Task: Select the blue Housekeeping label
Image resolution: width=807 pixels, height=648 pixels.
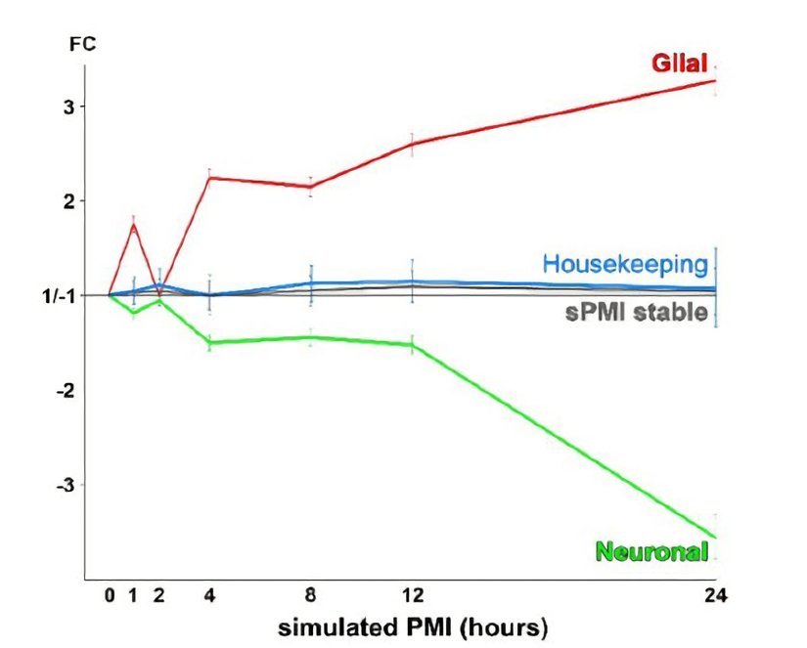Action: tap(624, 264)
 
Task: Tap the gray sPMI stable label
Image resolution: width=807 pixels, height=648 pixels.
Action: tap(636, 313)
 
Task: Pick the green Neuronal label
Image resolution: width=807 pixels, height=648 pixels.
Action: tap(650, 552)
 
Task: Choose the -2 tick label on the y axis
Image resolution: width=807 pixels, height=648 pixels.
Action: tap(62, 390)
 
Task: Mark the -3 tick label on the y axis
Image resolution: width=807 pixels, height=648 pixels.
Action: tap(62, 485)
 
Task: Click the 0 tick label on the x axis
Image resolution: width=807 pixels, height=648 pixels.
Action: tap(110, 593)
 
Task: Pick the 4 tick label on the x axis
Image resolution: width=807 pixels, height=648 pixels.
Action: tap(210, 593)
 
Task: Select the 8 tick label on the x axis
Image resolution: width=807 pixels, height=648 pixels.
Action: tap(311, 593)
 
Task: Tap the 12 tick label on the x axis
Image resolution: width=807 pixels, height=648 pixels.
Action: tap(412, 593)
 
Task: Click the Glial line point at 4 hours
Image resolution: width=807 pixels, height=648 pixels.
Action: tap(210, 178)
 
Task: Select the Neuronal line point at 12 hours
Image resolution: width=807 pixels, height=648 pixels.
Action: tap(412, 344)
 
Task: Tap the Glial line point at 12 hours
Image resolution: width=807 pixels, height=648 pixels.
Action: tap(412, 144)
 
